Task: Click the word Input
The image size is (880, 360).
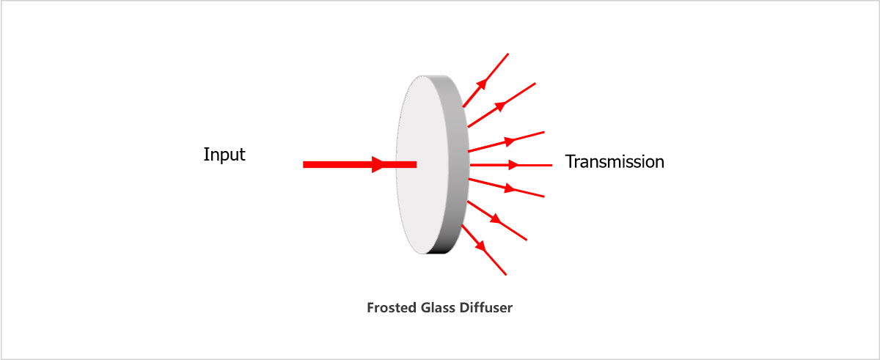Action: tap(224, 155)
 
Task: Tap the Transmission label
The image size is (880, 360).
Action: tap(615, 162)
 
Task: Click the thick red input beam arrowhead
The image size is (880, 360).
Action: tap(379, 165)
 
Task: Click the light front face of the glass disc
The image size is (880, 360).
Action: tap(425, 165)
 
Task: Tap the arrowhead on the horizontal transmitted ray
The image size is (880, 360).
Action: tap(514, 165)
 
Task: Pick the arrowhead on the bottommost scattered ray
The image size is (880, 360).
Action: tap(481, 246)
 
